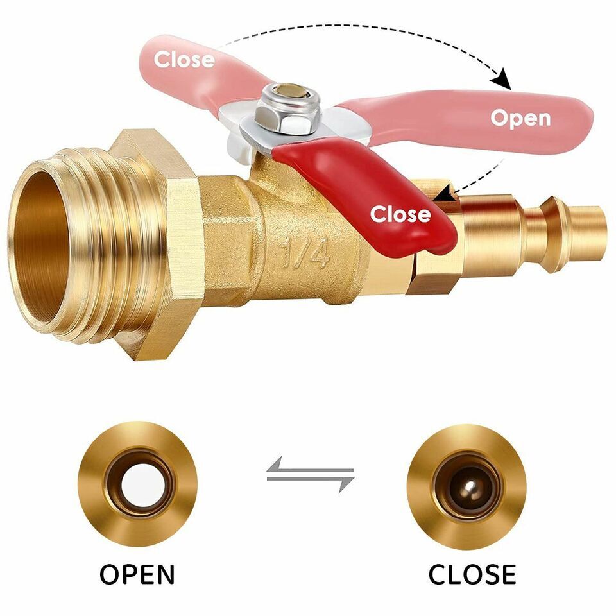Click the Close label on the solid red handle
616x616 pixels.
point(400,214)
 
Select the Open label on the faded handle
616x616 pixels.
point(520,118)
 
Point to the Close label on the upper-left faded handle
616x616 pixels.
point(184,59)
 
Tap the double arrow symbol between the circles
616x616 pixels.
point(311,474)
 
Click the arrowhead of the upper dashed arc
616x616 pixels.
point(504,81)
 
